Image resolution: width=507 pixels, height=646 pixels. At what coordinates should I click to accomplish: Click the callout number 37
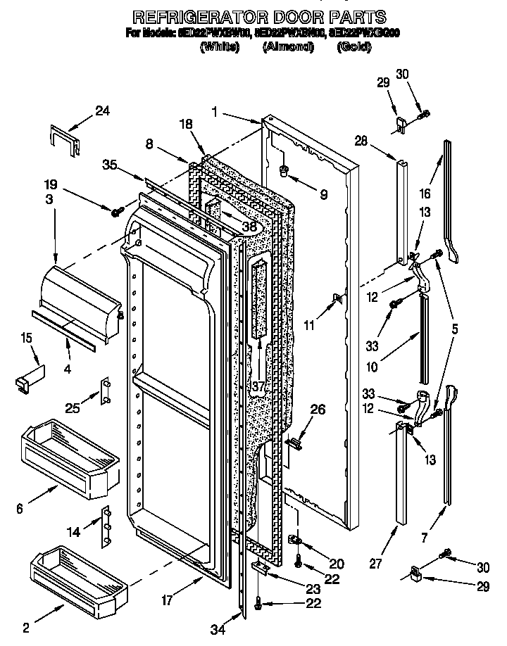[259, 386]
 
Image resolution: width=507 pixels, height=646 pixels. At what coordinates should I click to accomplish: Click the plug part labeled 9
[285, 170]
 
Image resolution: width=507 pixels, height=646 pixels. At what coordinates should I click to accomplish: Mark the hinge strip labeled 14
[107, 524]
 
